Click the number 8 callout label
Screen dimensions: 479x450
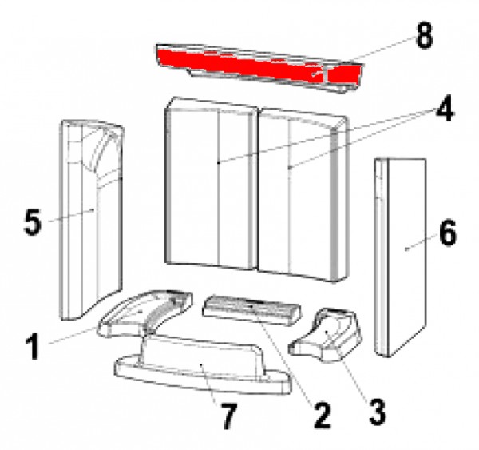pos(425,36)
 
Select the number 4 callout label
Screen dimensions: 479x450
pos(445,109)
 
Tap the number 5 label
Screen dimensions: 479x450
pos(32,221)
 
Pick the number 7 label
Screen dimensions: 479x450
pos(229,416)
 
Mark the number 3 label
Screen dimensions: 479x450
pos(377,413)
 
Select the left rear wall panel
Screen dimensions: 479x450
pos(211,184)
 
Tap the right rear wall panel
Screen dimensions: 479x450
pos(303,196)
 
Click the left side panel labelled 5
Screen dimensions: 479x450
pos(91,221)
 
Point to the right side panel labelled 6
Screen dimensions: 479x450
pos(400,257)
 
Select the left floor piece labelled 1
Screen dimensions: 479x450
pos(144,313)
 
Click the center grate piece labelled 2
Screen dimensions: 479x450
pos(251,310)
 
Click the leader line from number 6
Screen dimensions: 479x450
pos(422,242)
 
